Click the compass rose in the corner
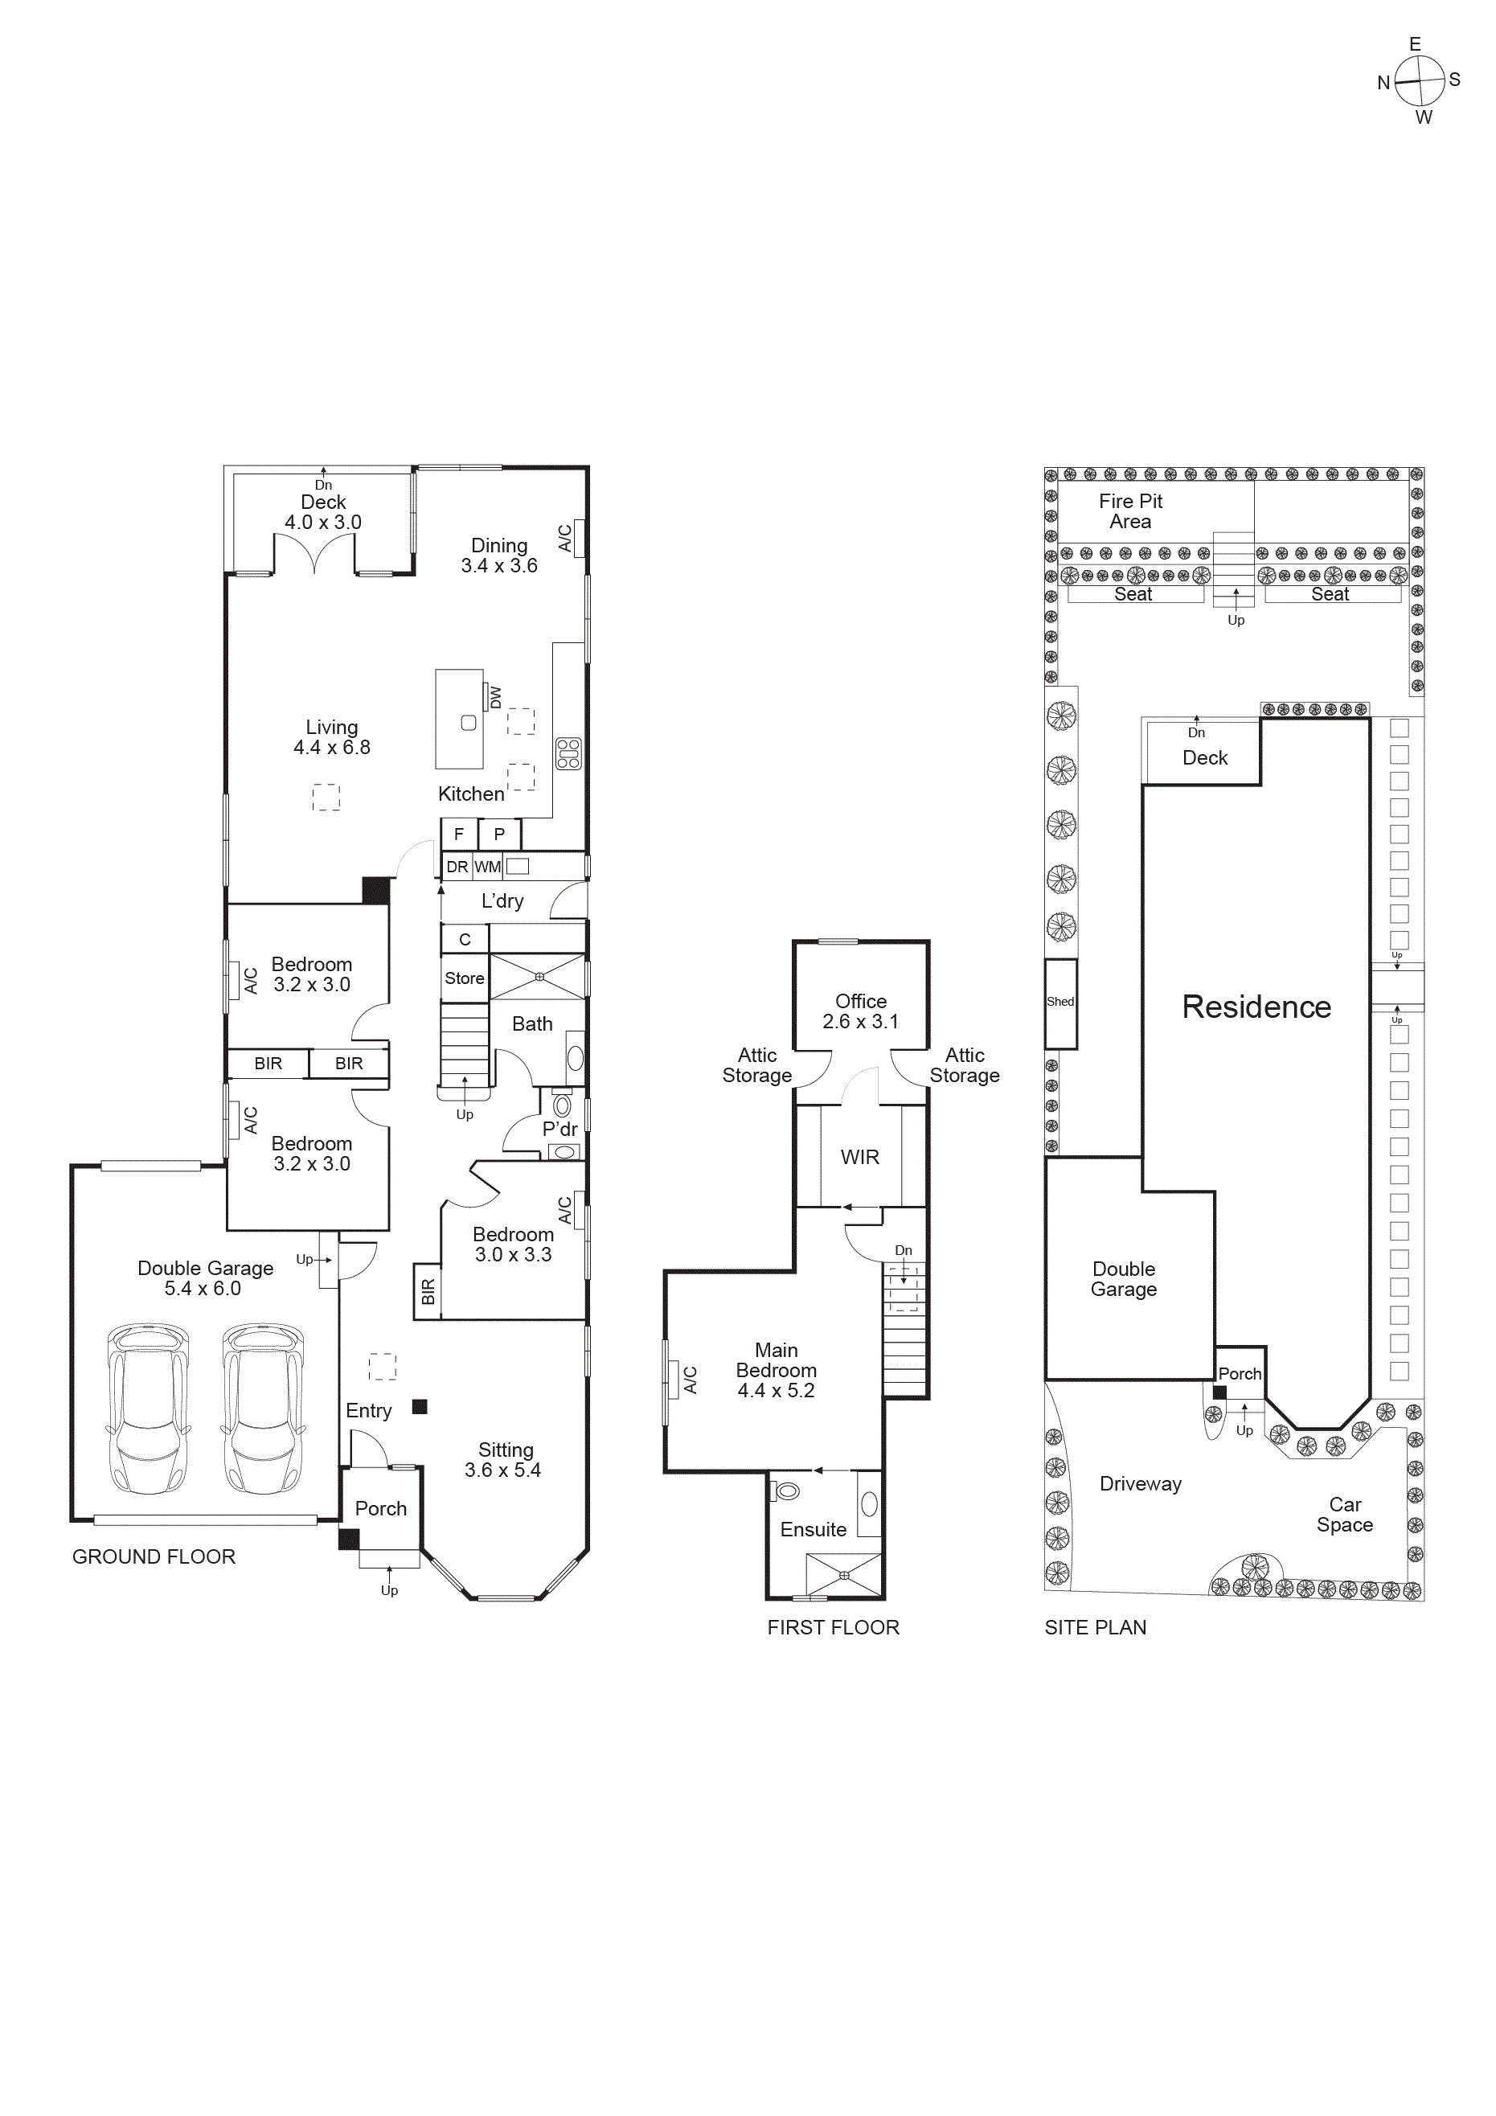[x=1418, y=81]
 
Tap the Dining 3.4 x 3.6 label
[x=498, y=556]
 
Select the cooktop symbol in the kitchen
[x=568, y=753]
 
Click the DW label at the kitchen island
[x=495, y=697]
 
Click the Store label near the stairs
[x=464, y=978]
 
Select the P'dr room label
[x=559, y=1129]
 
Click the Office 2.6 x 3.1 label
[x=860, y=1011]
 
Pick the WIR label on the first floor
[x=859, y=1157]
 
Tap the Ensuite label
[x=812, y=1529]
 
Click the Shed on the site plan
[x=1060, y=1003]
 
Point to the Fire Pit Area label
[x=1130, y=511]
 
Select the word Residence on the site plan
[x=1256, y=1007]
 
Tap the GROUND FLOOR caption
[x=154, y=1556]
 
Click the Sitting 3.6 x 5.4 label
[x=503, y=1460]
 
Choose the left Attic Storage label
[x=756, y=1065]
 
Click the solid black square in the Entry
[x=420, y=1406]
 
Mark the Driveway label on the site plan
[x=1139, y=1484]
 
